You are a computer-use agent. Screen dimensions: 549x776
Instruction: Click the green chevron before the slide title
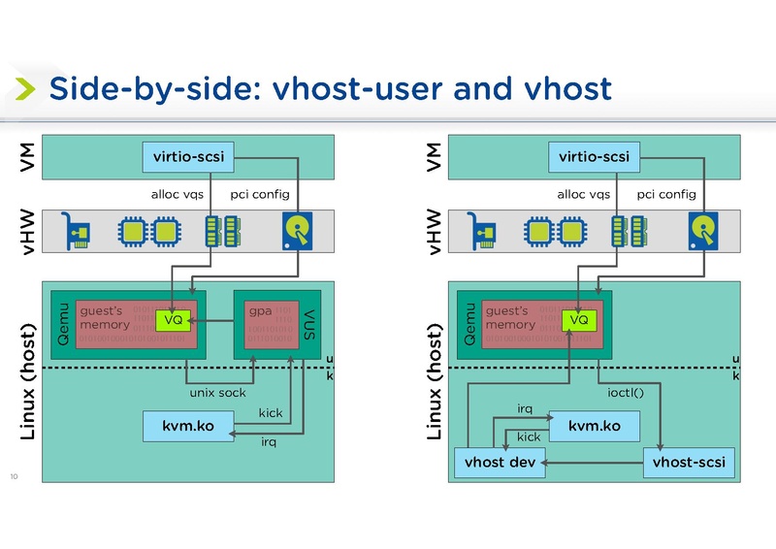[x=24, y=90]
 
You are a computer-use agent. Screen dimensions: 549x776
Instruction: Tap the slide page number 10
[x=14, y=476]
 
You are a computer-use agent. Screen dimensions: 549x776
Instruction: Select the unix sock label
[x=218, y=393]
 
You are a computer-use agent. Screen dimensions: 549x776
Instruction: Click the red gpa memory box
[x=273, y=324]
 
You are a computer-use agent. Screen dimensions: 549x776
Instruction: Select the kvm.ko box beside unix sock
[x=187, y=425]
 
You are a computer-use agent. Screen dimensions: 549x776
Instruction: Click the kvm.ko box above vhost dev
[x=595, y=425]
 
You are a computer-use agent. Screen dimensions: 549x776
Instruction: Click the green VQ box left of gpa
[x=173, y=320]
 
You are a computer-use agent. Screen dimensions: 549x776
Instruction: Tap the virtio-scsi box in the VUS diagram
[x=187, y=155]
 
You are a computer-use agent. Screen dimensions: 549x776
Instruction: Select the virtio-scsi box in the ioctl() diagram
[x=594, y=155]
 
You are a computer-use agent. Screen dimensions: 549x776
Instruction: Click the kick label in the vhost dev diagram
[x=528, y=437]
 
